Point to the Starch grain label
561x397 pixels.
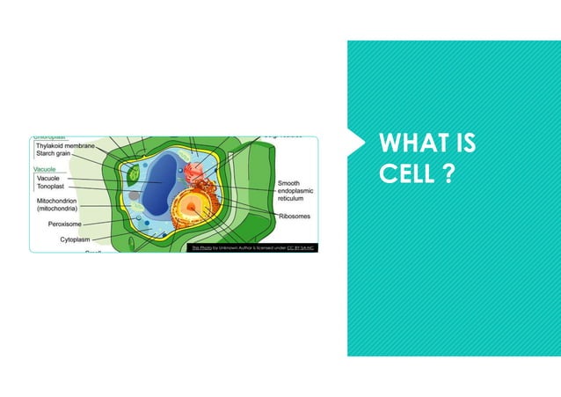[54, 155]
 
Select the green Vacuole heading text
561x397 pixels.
[44, 168]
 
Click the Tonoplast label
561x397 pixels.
[51, 187]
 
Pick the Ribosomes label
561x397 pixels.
[295, 216]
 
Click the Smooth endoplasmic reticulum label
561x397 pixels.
[300, 191]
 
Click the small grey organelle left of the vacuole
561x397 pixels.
[134, 196]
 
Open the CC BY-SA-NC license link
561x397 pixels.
[300, 248]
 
